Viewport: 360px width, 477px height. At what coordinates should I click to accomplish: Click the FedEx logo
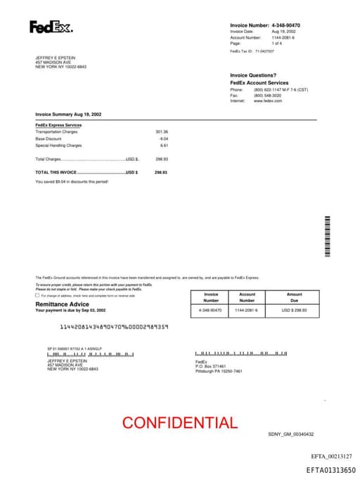tap(51, 27)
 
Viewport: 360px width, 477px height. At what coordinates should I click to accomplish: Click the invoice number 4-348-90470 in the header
tap(290, 25)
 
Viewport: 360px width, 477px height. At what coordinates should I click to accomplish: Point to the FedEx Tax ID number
tap(264, 51)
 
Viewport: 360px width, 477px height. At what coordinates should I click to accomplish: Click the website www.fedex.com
tap(268, 101)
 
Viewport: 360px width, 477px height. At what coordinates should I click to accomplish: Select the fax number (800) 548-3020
tap(269, 96)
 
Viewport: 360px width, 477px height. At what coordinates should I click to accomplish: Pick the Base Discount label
tap(49, 139)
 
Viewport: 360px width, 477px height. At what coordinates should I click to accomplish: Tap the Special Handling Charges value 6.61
tap(164, 146)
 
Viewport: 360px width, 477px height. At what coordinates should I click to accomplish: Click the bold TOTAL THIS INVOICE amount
tap(162, 172)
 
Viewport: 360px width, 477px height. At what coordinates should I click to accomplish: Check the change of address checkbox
tap(37, 295)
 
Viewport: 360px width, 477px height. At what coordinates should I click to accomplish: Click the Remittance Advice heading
tap(63, 304)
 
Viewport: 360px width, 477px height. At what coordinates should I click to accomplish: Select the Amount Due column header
tap(294, 297)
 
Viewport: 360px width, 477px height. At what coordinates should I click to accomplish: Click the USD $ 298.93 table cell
tap(294, 310)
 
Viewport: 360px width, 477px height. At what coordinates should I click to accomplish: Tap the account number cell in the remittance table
tap(247, 310)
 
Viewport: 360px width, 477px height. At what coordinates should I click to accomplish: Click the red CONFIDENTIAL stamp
tap(180, 423)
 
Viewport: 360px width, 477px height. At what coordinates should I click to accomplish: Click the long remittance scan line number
tap(114, 326)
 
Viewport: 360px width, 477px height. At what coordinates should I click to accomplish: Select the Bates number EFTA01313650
tap(330, 469)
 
